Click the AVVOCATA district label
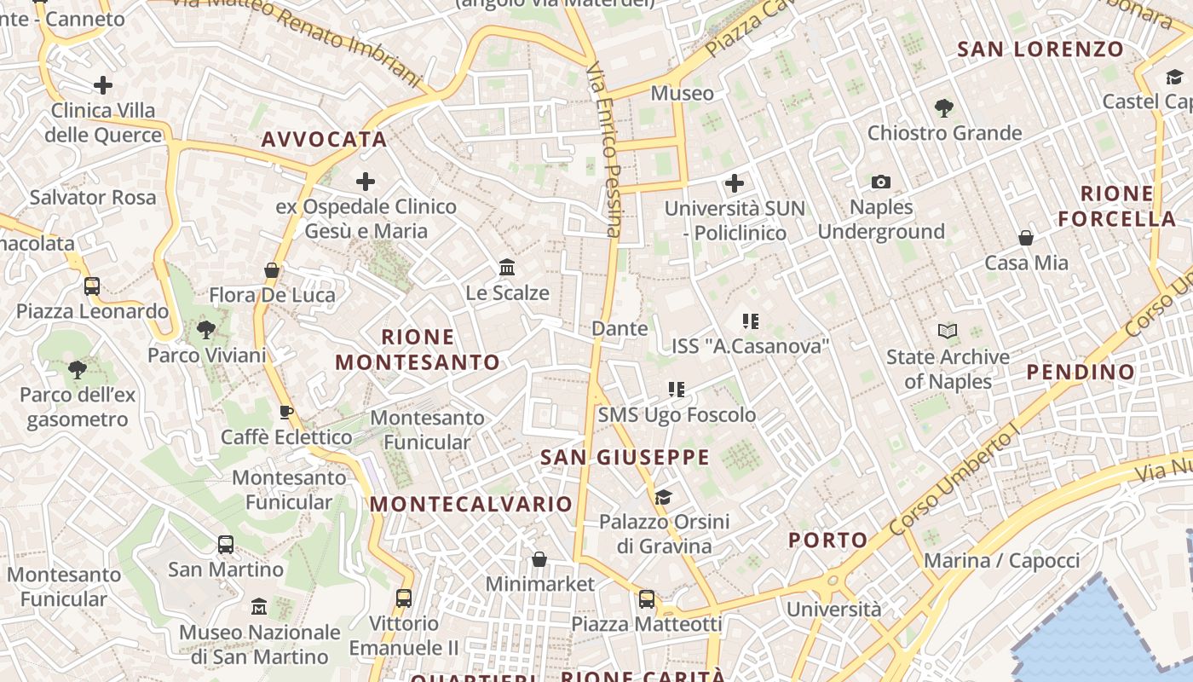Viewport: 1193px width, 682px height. click(324, 139)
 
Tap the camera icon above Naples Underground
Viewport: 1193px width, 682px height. click(881, 182)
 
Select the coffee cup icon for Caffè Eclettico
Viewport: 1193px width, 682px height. click(286, 413)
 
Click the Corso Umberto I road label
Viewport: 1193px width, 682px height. click(954, 483)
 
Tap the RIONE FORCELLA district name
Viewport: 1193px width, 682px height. click(1117, 206)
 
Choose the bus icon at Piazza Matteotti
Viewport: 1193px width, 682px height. click(647, 599)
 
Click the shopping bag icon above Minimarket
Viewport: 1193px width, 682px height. click(539, 559)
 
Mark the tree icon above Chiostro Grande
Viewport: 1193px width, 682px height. click(943, 108)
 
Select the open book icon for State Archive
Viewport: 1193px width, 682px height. click(948, 331)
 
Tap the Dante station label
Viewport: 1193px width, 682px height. click(620, 328)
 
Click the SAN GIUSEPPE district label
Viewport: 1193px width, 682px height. click(625, 458)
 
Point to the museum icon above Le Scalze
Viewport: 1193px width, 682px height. click(508, 268)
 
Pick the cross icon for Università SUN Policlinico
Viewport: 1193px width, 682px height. click(734, 182)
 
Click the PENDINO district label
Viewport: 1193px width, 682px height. click(1081, 372)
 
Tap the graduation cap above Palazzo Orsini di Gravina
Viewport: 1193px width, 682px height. click(663, 497)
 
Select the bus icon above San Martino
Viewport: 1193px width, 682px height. click(226, 544)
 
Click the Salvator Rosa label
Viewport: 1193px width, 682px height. click(93, 198)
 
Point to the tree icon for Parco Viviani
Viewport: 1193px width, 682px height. click(205, 329)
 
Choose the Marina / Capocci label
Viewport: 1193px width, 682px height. click(1001, 561)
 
